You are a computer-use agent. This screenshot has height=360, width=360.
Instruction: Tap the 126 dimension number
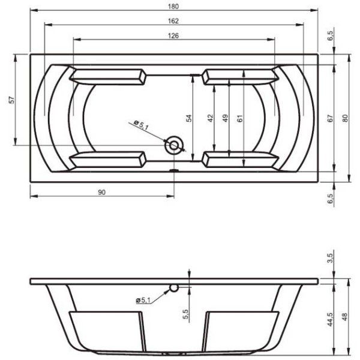click(173, 35)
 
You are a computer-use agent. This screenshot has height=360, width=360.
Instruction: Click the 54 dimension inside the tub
click(188, 118)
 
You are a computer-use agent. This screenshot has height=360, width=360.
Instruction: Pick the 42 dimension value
click(210, 118)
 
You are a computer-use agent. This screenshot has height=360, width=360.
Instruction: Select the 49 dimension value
click(225, 118)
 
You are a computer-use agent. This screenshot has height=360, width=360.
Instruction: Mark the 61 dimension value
click(240, 118)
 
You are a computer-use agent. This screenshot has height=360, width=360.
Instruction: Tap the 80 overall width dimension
click(345, 118)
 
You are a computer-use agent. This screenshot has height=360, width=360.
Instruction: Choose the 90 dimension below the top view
click(101, 191)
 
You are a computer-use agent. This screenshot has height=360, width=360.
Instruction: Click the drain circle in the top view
click(175, 145)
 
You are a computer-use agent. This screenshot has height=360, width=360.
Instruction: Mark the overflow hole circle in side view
click(174, 288)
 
